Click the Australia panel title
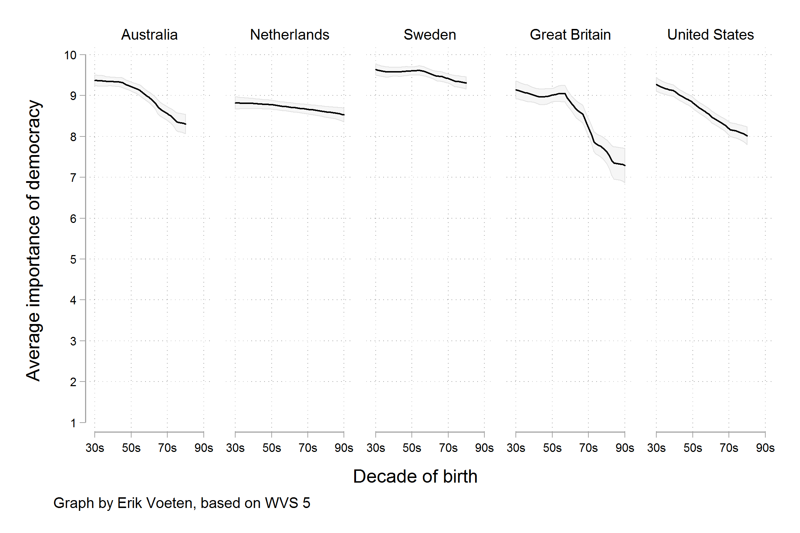149,35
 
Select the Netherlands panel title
289,35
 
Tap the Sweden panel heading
430,35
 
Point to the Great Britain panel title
570,35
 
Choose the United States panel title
710,35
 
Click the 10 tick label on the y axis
70,55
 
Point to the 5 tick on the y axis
73,259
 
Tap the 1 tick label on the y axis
73,423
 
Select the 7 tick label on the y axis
73,178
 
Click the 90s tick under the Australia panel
204,448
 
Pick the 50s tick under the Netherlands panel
272,448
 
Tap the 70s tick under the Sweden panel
448,448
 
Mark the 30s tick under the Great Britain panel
516,448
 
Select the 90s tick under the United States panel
765,448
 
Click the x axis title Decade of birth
415,476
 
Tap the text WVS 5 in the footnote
287,503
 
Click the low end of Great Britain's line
624,165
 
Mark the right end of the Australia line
185,124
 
